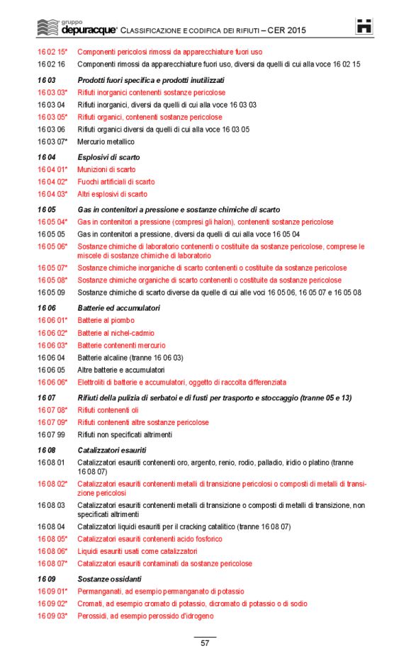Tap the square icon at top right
[x=364, y=26]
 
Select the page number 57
[x=205, y=643]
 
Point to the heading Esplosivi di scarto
[x=108, y=157]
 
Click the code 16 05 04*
[x=52, y=222]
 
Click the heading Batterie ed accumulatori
[x=118, y=308]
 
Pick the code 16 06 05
[x=51, y=370]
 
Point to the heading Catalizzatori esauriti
[x=111, y=450]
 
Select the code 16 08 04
[x=51, y=527]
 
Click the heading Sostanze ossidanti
[x=106, y=579]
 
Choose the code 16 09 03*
[x=52, y=616]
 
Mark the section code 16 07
[x=46, y=397]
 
